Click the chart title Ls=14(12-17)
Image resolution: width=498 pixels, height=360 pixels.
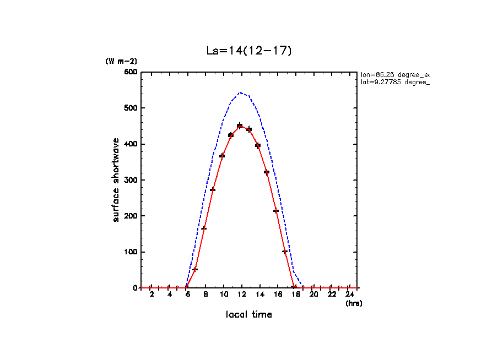pyautogui.click(x=248, y=51)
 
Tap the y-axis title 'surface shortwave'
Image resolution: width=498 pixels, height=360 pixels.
pyautogui.click(x=116, y=181)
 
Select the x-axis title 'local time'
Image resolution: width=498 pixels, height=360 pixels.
pyautogui.click(x=248, y=314)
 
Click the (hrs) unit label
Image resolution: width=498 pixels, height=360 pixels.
pyautogui.click(x=354, y=303)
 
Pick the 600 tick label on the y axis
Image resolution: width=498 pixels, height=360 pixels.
pyautogui.click(x=130, y=72)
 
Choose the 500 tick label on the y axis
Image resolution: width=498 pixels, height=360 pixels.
pyautogui.click(x=130, y=108)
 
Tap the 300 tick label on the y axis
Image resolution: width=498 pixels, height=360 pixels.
pyautogui.click(x=130, y=180)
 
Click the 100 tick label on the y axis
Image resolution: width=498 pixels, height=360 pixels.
pyautogui.click(x=130, y=252)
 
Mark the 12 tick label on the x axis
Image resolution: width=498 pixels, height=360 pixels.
pyautogui.click(x=241, y=294)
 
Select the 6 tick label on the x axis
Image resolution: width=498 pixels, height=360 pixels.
pyautogui.click(x=187, y=294)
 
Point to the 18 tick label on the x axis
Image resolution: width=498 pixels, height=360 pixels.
pyautogui.click(x=295, y=294)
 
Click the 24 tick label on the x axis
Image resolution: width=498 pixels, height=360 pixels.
pyautogui.click(x=349, y=294)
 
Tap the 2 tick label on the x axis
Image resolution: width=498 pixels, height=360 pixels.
pyautogui.click(x=151, y=294)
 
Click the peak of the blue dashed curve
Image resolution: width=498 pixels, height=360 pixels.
pyautogui.click(x=240, y=92)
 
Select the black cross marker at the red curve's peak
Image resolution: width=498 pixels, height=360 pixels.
pyautogui.click(x=240, y=126)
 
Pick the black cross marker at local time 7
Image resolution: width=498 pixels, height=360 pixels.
pyautogui.click(x=195, y=269)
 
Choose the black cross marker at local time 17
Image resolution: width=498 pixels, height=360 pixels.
pyautogui.click(x=285, y=252)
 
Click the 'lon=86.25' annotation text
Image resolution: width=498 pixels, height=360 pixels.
pyautogui.click(x=394, y=74)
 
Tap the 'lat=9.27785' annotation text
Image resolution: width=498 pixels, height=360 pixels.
pyautogui.click(x=394, y=82)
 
